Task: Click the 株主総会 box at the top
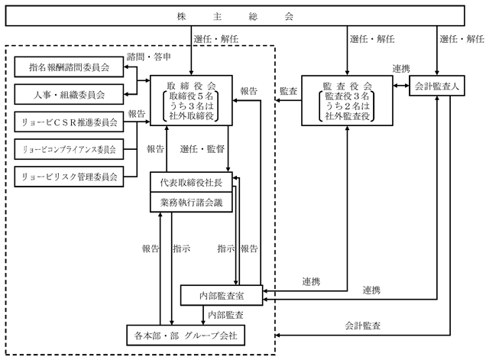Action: pyautogui.click(x=235, y=15)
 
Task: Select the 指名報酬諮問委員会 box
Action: pyautogui.click(x=69, y=66)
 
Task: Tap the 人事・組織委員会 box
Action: pyautogui.click(x=69, y=94)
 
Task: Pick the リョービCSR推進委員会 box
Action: pyautogui.click(x=69, y=122)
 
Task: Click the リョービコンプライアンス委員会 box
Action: pyautogui.click(x=69, y=149)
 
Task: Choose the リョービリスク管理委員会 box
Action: pyautogui.click(x=69, y=177)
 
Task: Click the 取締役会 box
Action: pyautogui.click(x=191, y=100)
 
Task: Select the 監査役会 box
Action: pyautogui.click(x=347, y=100)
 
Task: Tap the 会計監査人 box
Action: pyautogui.click(x=437, y=86)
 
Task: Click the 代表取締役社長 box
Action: pyautogui.click(x=191, y=182)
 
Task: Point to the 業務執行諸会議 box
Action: pyautogui.click(x=191, y=203)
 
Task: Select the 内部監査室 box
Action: pyautogui.click(x=222, y=295)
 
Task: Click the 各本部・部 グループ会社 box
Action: pyautogui.click(x=186, y=336)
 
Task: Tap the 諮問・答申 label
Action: pyautogui.click(x=149, y=57)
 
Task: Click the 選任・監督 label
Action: pyautogui.click(x=202, y=149)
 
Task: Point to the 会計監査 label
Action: pyautogui.click(x=362, y=326)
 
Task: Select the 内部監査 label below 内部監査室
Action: pyautogui.click(x=225, y=315)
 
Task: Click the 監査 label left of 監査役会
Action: pyautogui.click(x=289, y=91)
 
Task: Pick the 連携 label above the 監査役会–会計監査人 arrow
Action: pyautogui.click(x=401, y=68)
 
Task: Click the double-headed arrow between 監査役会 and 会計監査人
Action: pyautogui.click(x=401, y=86)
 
